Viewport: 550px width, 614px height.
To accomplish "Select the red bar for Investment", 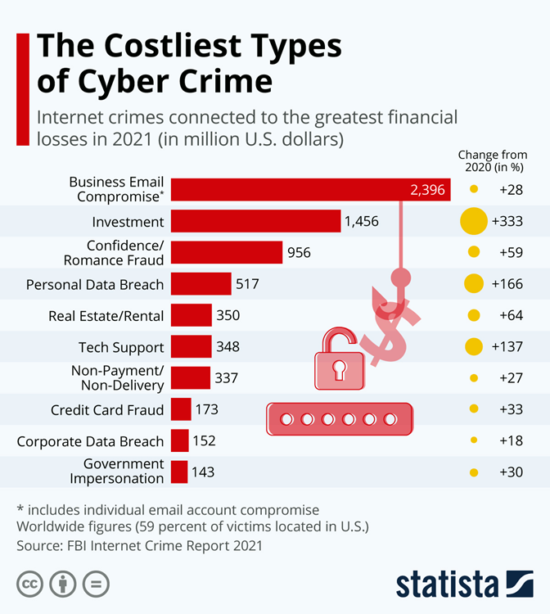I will pos(256,221).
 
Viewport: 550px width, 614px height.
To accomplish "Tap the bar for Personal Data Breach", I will pos(201,284).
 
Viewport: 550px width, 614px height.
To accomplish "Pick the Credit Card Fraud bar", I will pos(181,409).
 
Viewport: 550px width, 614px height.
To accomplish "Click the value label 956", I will pos(299,252).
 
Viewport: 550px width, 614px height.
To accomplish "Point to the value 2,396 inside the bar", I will pos(427,190).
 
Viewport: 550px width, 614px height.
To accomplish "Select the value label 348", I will pos(228,346).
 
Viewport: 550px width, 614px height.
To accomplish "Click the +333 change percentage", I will pos(507,221).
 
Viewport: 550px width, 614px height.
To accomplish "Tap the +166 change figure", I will pos(507,284).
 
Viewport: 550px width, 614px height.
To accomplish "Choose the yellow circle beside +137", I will pos(473,346).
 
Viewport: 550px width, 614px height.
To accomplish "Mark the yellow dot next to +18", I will pos(473,440).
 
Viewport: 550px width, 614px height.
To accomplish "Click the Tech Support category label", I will pos(121,347).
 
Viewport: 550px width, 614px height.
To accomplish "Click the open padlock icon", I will pos(338,360).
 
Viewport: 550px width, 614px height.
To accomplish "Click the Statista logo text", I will pos(447,585).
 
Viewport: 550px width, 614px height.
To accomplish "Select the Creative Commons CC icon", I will pos(29,585).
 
